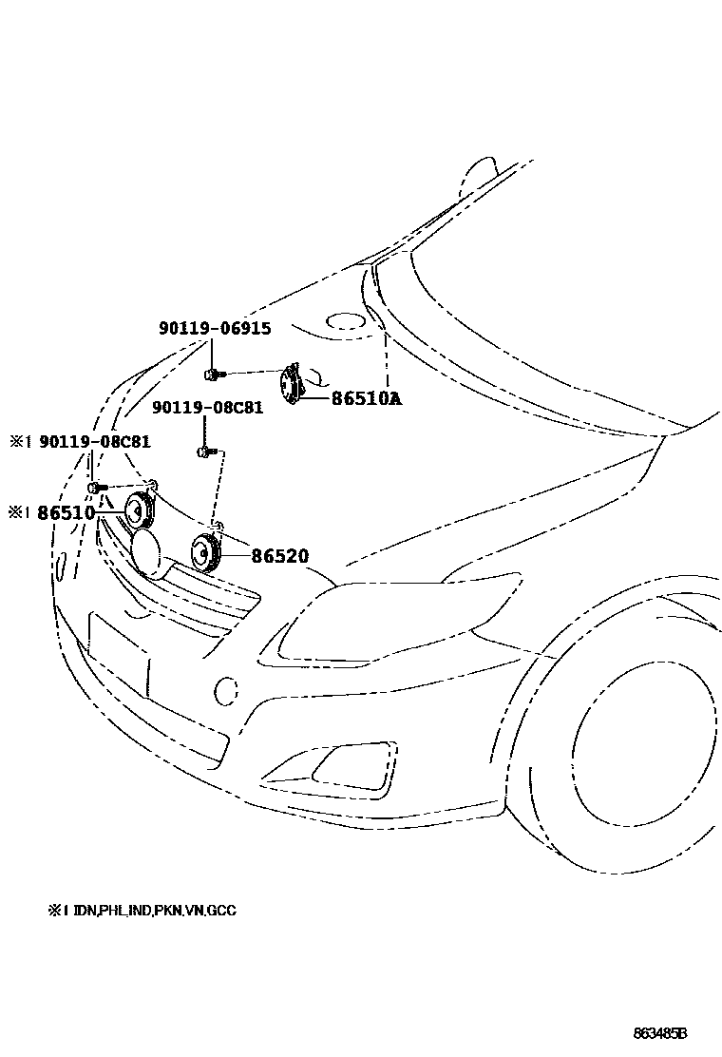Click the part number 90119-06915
pyautogui.click(x=214, y=329)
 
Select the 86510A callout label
pyautogui.click(x=366, y=399)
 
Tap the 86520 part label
pyautogui.click(x=280, y=555)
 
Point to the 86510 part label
pyautogui.click(x=66, y=512)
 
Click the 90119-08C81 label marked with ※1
pyautogui.click(x=93, y=442)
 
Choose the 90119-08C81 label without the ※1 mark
pyautogui.click(x=208, y=408)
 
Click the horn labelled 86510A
pyautogui.click(x=291, y=385)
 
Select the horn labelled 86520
pyautogui.click(x=205, y=553)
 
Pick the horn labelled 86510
pyautogui.click(x=139, y=512)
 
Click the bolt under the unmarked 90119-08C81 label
pyautogui.click(x=205, y=452)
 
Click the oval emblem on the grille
pyautogui.click(x=147, y=553)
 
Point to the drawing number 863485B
pyautogui.click(x=660, y=1032)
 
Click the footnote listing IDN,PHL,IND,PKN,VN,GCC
pyautogui.click(x=142, y=911)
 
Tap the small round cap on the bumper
pyautogui.click(x=226, y=690)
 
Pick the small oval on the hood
pyautogui.click(x=344, y=322)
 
